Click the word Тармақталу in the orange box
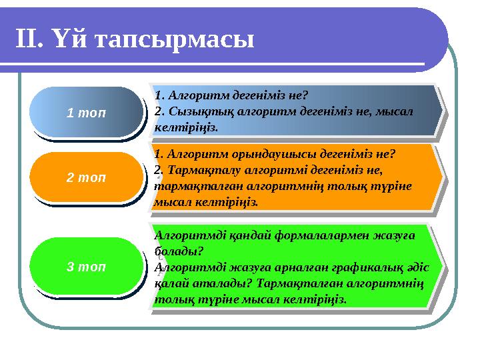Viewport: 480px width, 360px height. (x=198, y=169)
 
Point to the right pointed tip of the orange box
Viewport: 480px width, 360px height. (x=442, y=177)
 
